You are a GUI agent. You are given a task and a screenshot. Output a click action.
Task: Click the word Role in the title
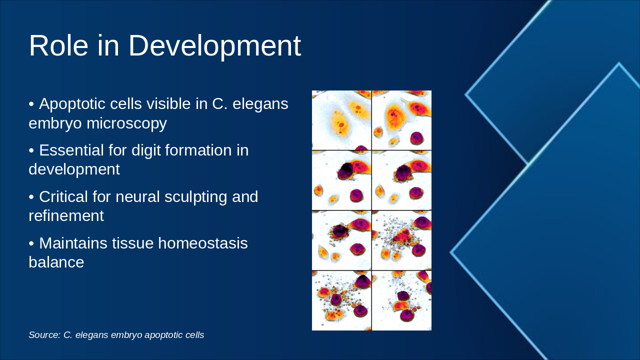pos(58,45)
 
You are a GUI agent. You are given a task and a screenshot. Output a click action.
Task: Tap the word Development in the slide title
pos(214,46)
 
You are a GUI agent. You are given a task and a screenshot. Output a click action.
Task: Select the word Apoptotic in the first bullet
pos(90,104)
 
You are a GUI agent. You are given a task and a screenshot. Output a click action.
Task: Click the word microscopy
pos(126,124)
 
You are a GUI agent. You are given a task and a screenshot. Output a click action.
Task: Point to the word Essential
pos(71,150)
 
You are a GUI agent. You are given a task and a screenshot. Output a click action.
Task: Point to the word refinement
pos(66,215)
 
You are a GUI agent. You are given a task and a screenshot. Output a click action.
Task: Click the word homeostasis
pos(203,243)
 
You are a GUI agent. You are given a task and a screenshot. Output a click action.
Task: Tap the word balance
pos(56,262)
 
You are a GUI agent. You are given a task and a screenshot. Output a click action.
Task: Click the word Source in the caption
pos(44,335)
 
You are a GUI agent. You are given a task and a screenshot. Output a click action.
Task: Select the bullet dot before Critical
pos(31,197)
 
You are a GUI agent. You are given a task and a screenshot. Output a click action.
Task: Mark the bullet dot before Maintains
pos(31,243)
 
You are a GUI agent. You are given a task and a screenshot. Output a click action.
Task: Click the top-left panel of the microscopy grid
pos(341,120)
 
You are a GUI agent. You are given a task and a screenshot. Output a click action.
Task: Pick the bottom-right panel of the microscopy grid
pos(401,300)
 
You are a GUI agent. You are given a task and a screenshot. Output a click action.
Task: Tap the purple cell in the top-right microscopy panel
pos(416,138)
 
